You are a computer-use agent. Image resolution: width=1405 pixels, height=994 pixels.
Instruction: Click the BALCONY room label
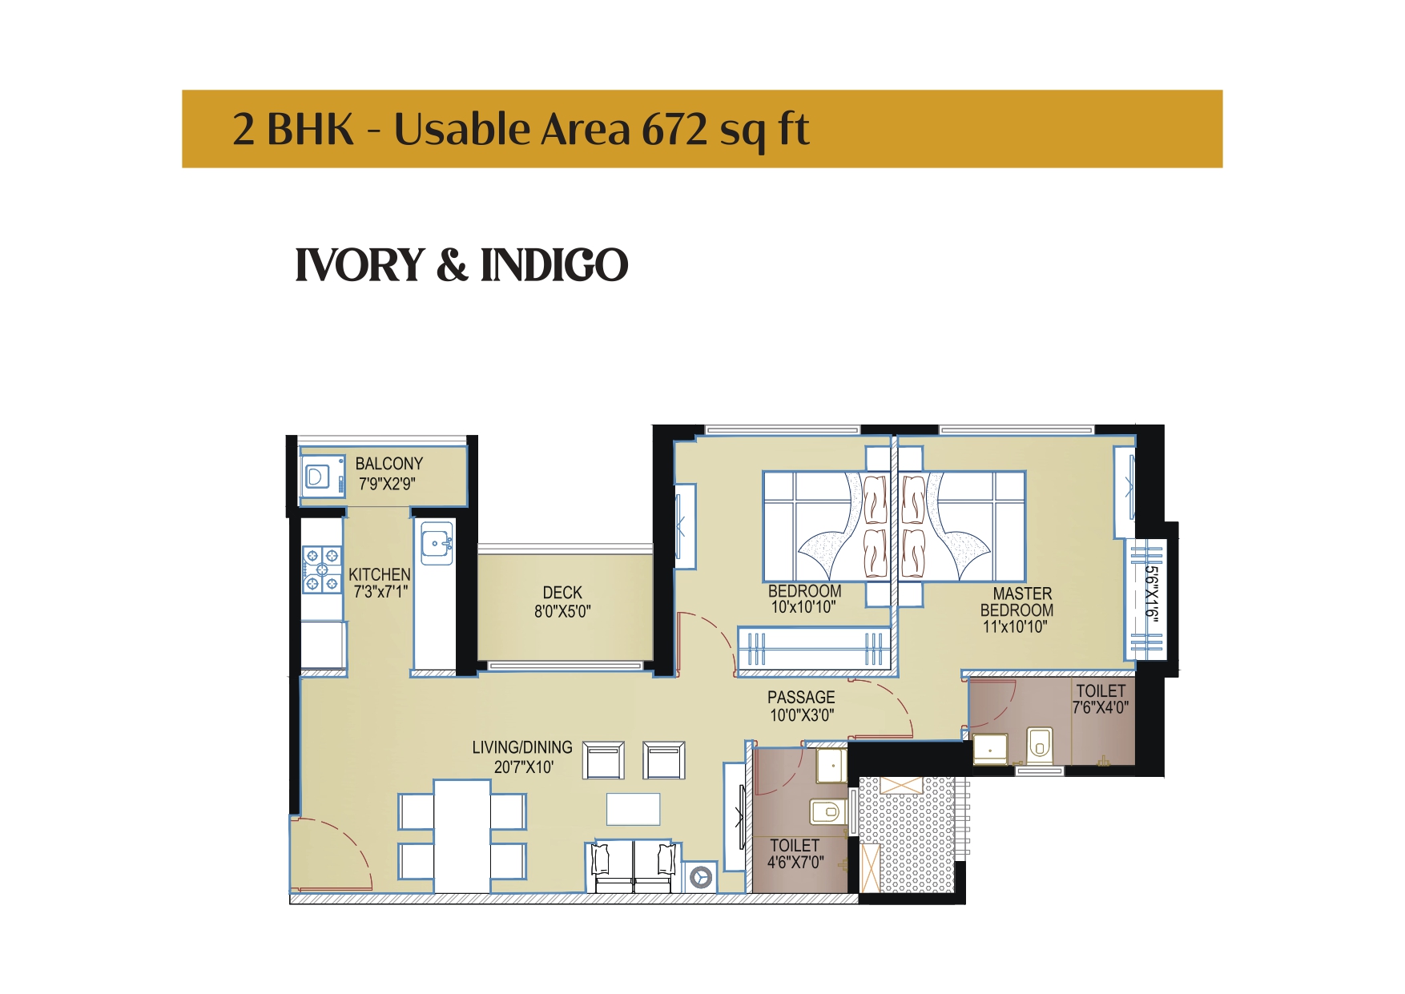pyautogui.click(x=389, y=464)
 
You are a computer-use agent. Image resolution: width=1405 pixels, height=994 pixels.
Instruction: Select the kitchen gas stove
pyautogui.click(x=322, y=569)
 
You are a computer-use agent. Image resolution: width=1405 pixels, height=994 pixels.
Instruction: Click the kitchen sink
pyautogui.click(x=437, y=543)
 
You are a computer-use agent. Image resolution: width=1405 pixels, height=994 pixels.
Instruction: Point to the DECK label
pyautogui.click(x=562, y=593)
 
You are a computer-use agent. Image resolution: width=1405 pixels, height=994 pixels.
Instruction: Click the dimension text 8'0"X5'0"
pyautogui.click(x=562, y=612)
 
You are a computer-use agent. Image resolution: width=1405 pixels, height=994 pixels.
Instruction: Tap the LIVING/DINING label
pyautogui.click(x=522, y=747)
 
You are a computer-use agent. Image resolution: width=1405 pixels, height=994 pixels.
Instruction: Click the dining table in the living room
pyautogui.click(x=462, y=835)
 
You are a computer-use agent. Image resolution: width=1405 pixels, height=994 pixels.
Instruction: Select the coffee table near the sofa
pyautogui.click(x=633, y=809)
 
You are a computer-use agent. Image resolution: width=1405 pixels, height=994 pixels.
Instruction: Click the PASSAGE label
pyautogui.click(x=801, y=698)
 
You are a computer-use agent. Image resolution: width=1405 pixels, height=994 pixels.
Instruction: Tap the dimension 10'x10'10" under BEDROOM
pyautogui.click(x=803, y=608)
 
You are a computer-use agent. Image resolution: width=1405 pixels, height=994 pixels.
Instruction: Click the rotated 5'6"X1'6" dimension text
pyautogui.click(x=1151, y=594)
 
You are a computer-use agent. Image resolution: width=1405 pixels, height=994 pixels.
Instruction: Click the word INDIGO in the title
pyautogui.click(x=554, y=265)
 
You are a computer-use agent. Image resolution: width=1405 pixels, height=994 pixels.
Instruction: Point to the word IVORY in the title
pyautogui.click(x=360, y=265)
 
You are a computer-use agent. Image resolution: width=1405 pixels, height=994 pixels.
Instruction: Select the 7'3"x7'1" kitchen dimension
pyautogui.click(x=380, y=593)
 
